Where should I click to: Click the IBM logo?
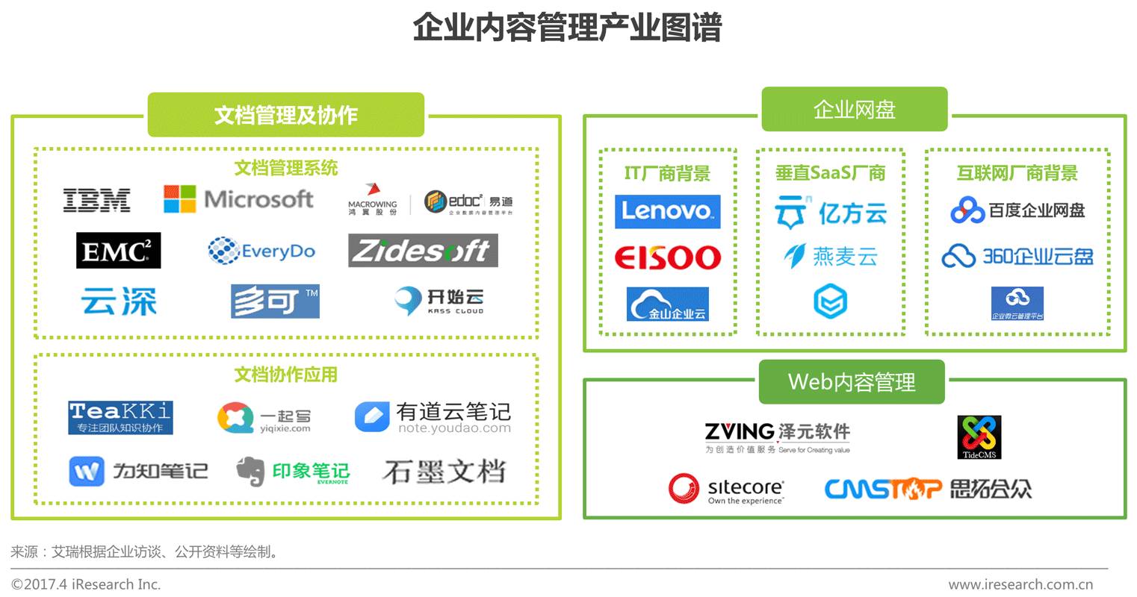point(96,200)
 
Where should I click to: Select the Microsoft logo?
point(238,199)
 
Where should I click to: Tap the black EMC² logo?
point(118,251)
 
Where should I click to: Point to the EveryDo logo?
point(261,251)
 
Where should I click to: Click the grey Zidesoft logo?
point(423,251)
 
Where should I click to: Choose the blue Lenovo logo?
point(667,211)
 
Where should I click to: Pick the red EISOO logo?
point(667,258)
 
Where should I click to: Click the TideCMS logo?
point(979,437)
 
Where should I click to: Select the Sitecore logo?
point(726,490)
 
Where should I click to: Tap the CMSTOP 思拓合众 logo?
point(928,489)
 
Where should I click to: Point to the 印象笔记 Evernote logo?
point(293,472)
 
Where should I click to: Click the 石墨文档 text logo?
point(444,472)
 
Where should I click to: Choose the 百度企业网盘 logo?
point(1017,211)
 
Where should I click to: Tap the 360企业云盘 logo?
point(1017,257)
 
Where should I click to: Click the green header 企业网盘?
point(854,110)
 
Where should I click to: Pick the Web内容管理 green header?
point(852,382)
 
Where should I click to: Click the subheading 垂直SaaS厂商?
point(830,173)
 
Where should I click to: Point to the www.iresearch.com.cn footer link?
point(1020,584)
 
